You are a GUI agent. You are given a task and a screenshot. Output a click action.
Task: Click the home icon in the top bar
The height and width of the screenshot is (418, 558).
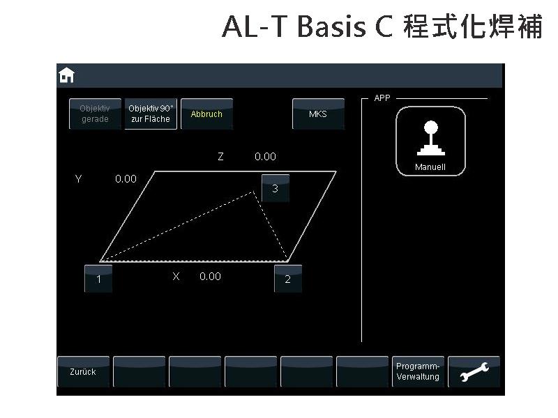[66, 75]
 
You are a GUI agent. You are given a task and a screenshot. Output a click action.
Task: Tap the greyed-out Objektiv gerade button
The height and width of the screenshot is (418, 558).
[95, 114]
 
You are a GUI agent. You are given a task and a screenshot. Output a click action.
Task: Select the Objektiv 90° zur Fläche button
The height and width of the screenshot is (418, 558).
[151, 114]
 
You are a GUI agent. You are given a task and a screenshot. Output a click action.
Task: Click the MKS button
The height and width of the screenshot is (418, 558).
[318, 114]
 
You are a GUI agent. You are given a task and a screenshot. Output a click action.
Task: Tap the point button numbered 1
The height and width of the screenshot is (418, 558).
[98, 279]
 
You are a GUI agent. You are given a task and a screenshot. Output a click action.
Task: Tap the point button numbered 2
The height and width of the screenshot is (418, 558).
[288, 279]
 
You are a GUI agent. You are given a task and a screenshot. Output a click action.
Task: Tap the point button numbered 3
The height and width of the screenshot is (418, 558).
[275, 188]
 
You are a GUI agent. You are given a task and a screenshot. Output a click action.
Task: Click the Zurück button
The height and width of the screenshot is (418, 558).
[83, 371]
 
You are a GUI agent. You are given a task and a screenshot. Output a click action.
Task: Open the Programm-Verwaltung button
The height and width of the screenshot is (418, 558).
[418, 371]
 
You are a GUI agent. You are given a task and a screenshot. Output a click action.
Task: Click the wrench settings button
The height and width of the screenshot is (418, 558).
[474, 371]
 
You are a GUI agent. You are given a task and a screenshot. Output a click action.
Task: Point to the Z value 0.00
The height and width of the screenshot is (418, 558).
[266, 156]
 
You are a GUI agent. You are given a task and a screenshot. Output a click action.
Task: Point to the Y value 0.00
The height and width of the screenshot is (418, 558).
[126, 179]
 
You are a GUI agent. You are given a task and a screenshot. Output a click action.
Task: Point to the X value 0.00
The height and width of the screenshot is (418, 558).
[211, 276]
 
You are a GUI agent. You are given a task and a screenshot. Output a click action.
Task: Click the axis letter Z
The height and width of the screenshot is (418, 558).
[220, 156]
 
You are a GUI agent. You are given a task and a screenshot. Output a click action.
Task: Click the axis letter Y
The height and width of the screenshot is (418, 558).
[79, 179]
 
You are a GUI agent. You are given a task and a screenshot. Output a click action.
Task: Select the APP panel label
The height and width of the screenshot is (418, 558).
[382, 98]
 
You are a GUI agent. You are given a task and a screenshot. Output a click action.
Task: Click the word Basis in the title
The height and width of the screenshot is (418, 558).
[331, 26]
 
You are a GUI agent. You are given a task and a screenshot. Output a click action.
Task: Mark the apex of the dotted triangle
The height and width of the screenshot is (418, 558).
[253, 192]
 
